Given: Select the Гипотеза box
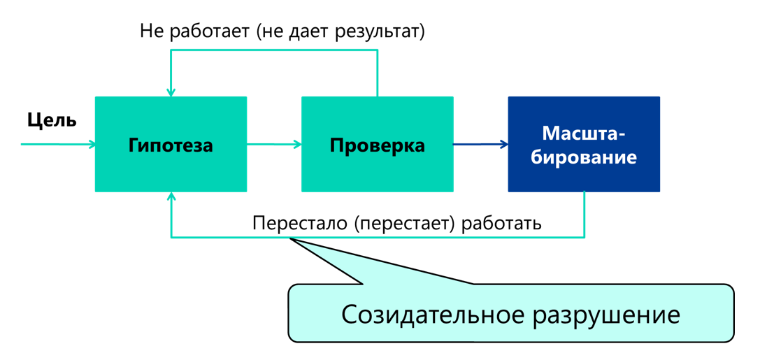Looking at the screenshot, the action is click(171, 145).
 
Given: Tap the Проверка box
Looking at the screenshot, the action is click(378, 145).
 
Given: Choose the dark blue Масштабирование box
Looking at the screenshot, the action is click(584, 145).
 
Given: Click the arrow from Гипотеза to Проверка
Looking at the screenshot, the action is click(274, 144).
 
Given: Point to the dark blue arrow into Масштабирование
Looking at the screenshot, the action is click(481, 144).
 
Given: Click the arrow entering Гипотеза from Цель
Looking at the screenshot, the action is click(58, 144).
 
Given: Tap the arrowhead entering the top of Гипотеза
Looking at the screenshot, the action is click(171, 92).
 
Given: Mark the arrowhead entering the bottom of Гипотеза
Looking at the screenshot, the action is click(171, 196).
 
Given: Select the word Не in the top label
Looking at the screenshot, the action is click(152, 31).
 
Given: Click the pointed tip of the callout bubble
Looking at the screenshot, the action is click(290, 238).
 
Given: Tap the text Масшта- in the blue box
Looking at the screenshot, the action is click(584, 133).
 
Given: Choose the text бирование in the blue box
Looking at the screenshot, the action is click(584, 157).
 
